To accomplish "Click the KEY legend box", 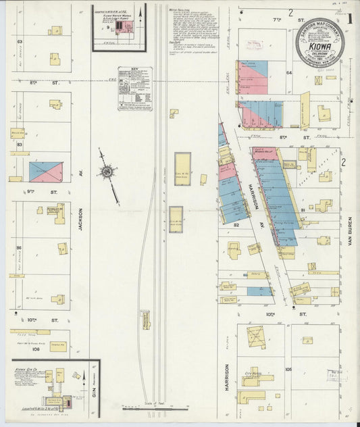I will [134, 88].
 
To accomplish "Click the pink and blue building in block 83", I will [46, 172].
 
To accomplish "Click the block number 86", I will [20, 248].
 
